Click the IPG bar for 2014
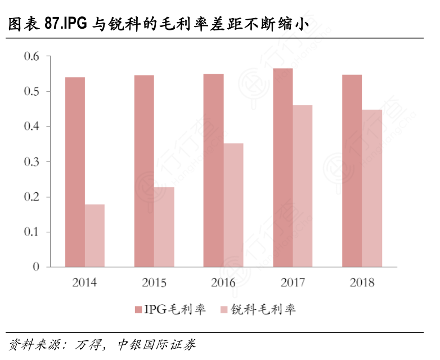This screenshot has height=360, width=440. click(75, 172)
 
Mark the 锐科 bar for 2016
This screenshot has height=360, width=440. click(234, 205)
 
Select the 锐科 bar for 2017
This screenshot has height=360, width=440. click(303, 186)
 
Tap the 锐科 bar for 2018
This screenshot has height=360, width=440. click(372, 188)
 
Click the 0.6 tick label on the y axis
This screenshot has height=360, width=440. click(32, 56)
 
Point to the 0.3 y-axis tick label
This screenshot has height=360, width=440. click(32, 161)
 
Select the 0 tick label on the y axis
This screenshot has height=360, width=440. click(36, 267)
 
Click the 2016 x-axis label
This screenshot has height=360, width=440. click(223, 282)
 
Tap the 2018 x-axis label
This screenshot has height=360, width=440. click(362, 282)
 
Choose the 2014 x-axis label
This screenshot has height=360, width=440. click(84, 282)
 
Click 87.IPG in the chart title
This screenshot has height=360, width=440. click(67, 24)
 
